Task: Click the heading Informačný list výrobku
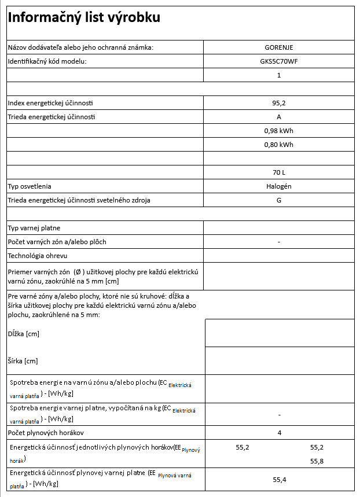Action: tap(83, 18)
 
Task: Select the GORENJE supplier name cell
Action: tap(279, 47)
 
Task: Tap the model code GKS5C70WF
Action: tap(279, 61)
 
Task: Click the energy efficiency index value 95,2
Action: tap(279, 103)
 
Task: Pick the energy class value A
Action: tap(279, 117)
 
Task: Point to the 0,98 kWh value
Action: tap(279, 131)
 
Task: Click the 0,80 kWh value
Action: tap(279, 145)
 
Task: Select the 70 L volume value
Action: tap(279, 172)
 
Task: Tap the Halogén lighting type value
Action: tap(279, 186)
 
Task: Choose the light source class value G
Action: tap(279, 200)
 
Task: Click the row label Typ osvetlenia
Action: tap(30, 186)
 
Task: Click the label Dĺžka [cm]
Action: tap(23, 334)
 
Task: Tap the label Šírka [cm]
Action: tap(23, 361)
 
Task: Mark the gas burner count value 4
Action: tap(279, 433)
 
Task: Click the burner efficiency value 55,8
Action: tap(317, 461)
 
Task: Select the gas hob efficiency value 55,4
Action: tap(280, 480)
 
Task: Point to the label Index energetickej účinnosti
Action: tap(50, 103)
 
